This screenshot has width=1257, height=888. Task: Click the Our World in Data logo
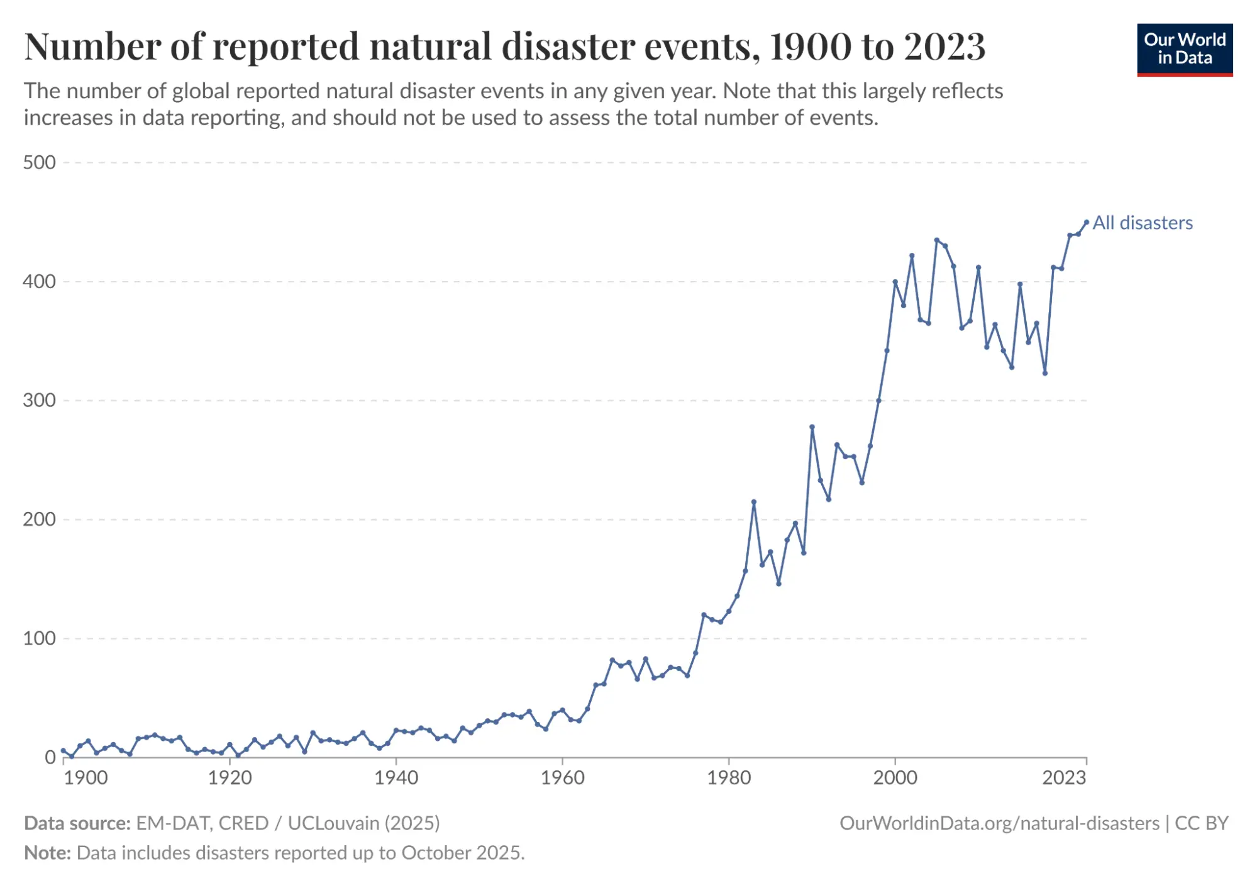[1184, 50]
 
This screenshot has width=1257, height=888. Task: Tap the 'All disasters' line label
[1142, 223]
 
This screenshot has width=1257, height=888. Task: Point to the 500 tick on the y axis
[39, 163]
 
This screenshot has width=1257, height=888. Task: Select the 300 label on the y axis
[39, 401]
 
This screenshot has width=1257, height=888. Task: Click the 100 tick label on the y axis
[39, 638]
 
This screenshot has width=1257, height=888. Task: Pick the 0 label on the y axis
[50, 757]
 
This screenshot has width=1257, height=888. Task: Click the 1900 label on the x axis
[86, 778]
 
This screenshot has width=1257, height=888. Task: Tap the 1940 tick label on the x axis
[396, 778]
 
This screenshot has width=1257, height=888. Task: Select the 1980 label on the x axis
[729, 778]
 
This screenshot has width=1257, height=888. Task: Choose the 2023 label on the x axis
[1064, 778]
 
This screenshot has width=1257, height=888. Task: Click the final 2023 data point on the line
[1087, 222]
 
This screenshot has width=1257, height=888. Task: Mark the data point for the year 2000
[895, 282]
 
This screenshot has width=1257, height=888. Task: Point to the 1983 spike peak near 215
[753, 502]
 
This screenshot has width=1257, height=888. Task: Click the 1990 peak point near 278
[812, 427]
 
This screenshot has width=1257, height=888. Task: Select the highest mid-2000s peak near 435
[936, 240]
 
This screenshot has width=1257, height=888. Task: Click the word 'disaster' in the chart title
[568, 47]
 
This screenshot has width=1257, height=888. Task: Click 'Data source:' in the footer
[77, 823]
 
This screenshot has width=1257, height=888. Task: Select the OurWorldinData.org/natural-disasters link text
[999, 823]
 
